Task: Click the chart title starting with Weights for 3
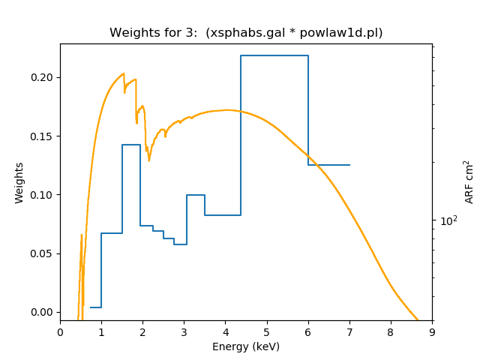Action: point(246,33)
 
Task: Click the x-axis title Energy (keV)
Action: point(246,346)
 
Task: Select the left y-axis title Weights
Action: point(19,182)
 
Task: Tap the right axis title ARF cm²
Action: point(469,182)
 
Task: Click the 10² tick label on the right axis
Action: point(448,220)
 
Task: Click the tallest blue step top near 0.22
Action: point(274,55)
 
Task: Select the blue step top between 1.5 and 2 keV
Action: point(131,145)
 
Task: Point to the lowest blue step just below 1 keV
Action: point(96,307)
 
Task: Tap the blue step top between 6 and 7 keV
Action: point(328,165)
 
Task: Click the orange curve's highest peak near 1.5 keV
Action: point(123,73)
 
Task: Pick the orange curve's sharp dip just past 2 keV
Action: point(148,160)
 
